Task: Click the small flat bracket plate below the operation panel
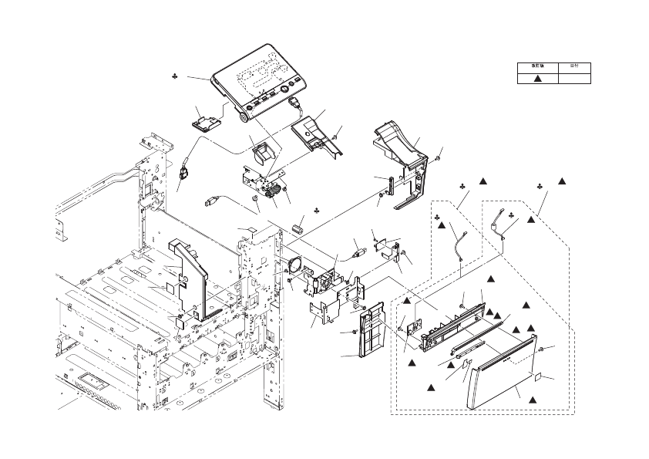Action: (x=207, y=122)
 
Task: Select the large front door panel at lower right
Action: (x=502, y=377)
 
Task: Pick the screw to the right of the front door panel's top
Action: (x=541, y=351)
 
